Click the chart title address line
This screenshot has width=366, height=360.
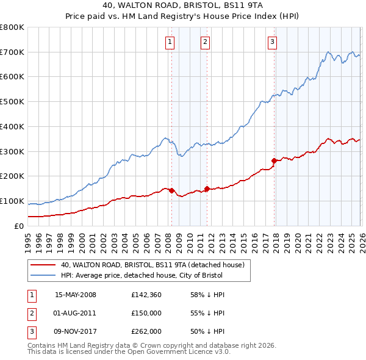(x=183, y=7)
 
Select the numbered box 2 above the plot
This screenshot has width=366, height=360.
(x=205, y=42)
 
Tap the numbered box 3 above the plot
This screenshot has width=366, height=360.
(x=272, y=42)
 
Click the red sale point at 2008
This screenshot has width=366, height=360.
(x=171, y=190)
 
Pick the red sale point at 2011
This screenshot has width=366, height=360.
(x=207, y=189)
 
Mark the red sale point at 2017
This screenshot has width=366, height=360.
(x=274, y=160)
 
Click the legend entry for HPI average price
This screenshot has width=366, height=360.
(x=142, y=275)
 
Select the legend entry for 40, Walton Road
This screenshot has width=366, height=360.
(x=152, y=265)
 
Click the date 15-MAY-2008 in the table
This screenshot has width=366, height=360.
(x=76, y=295)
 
